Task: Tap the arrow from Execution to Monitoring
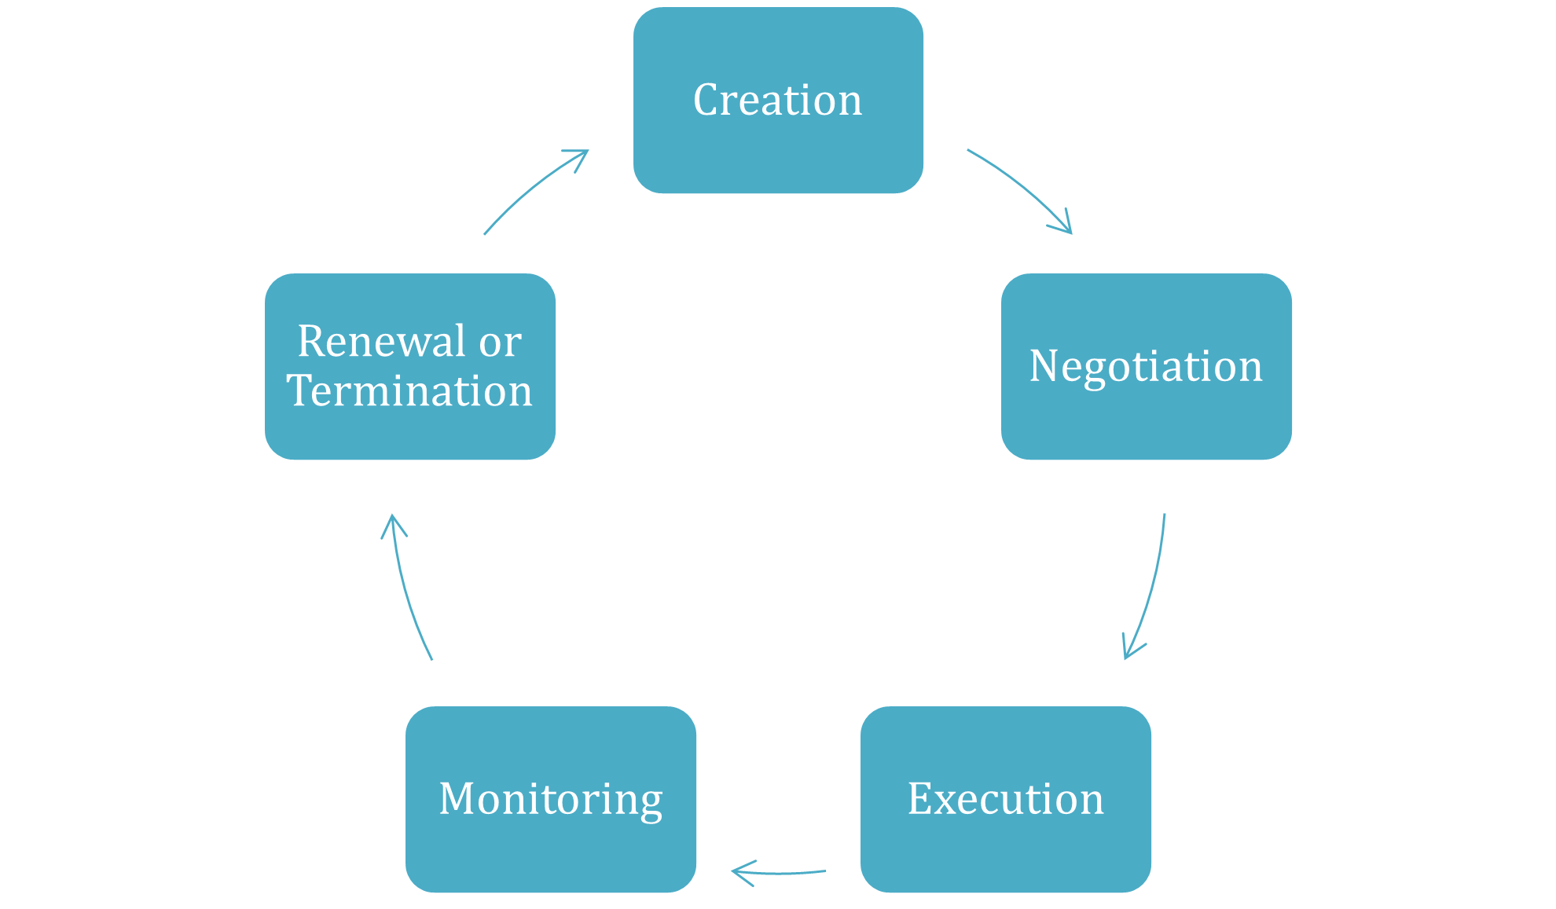(x=782, y=872)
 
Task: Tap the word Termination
(x=409, y=390)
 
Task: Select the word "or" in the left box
(x=500, y=343)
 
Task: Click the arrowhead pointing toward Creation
(x=580, y=156)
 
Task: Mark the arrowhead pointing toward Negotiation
(x=1063, y=224)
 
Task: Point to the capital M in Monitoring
(x=458, y=798)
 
